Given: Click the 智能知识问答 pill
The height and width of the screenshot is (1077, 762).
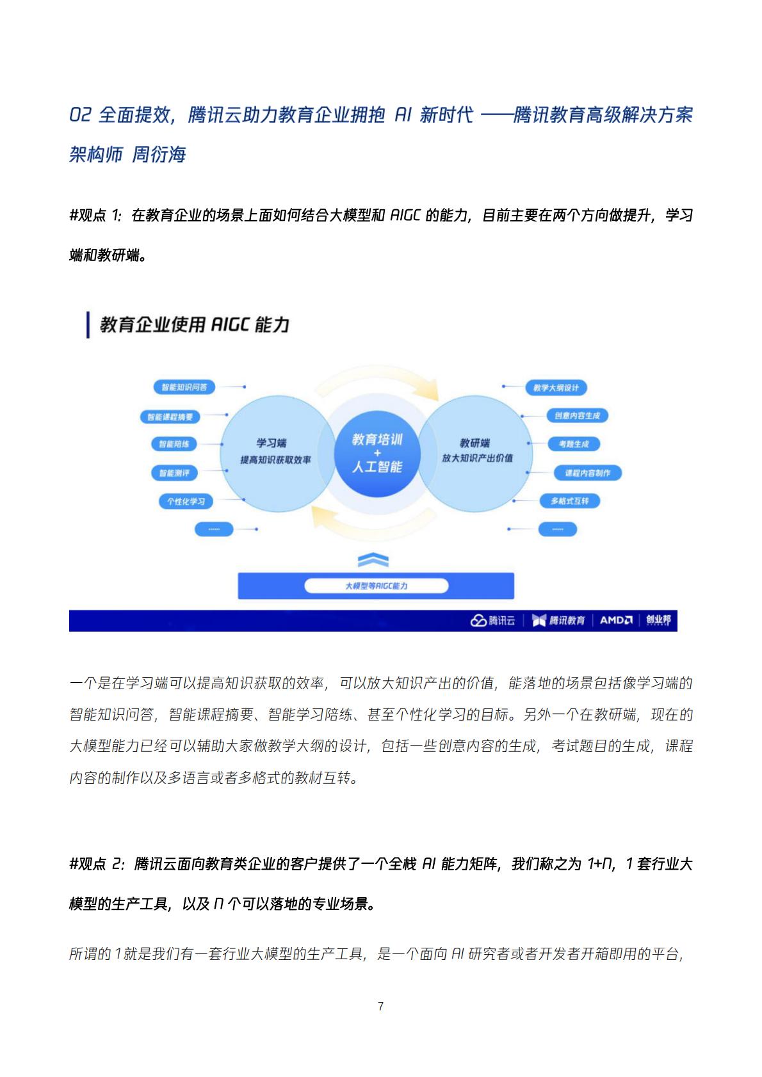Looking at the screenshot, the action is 184,387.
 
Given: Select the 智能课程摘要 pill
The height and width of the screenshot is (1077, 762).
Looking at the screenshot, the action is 170,417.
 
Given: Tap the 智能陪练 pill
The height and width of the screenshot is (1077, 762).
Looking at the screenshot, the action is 174,443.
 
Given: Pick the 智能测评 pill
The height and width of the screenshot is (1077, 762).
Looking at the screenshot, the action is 174,473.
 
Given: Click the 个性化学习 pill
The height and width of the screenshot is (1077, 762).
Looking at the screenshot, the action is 186,502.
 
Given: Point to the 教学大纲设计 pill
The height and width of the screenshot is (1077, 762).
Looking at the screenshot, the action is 556,388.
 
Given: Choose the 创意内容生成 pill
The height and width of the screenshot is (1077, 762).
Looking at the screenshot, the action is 578,415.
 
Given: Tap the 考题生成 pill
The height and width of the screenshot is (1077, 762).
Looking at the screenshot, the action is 574,443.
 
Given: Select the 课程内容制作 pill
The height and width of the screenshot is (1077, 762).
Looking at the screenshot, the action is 587,473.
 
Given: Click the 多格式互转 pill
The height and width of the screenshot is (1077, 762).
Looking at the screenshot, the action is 569,501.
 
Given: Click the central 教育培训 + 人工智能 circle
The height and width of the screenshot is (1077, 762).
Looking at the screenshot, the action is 377,454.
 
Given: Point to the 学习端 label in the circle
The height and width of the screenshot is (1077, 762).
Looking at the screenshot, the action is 272,443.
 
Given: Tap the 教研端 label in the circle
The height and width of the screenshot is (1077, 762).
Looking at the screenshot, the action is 474,443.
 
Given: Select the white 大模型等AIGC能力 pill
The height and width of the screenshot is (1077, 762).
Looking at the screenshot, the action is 376,586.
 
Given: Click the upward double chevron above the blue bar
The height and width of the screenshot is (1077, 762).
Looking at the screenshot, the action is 373,560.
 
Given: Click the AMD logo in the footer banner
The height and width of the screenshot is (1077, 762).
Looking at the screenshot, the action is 616,620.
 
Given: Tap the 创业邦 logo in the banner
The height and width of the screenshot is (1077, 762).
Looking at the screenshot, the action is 658,619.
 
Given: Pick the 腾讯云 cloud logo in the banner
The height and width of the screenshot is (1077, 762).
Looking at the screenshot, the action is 492,620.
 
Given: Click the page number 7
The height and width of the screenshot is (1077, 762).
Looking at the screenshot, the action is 380,1006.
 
